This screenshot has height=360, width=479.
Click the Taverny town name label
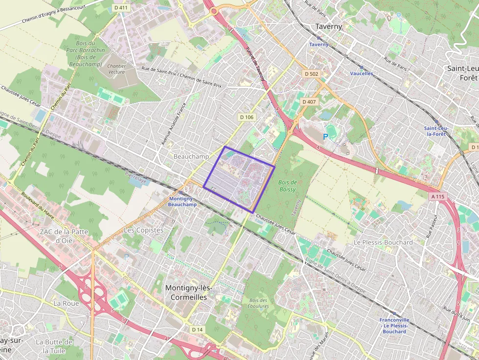pyautogui.click(x=328, y=26)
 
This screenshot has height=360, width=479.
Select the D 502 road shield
pyautogui.click(x=310, y=74)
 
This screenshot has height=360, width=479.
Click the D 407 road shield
pyautogui.click(x=309, y=102)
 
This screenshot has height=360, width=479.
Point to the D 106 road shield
pyautogui.click(x=247, y=117)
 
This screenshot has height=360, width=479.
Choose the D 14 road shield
pyautogui.click(x=197, y=330)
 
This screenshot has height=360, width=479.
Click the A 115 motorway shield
pyautogui.click(x=437, y=196)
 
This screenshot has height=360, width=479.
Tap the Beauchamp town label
pyautogui.click(x=191, y=156)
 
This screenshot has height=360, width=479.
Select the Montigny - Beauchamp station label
pyautogui.click(x=182, y=202)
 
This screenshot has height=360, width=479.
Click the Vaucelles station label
pyautogui.click(x=361, y=74)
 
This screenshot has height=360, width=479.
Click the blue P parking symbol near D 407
pyautogui.click(x=325, y=138)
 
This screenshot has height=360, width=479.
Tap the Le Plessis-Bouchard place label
pyautogui.click(x=383, y=242)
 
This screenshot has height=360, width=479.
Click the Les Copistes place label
pyautogui.click(x=144, y=230)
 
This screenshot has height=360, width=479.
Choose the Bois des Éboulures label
pyautogui.click(x=259, y=303)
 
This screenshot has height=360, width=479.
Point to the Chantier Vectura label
pyautogui.click(x=116, y=69)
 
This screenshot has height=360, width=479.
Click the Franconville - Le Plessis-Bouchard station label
pyautogui.click(x=394, y=325)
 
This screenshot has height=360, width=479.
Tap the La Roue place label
pyautogui.click(x=66, y=303)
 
